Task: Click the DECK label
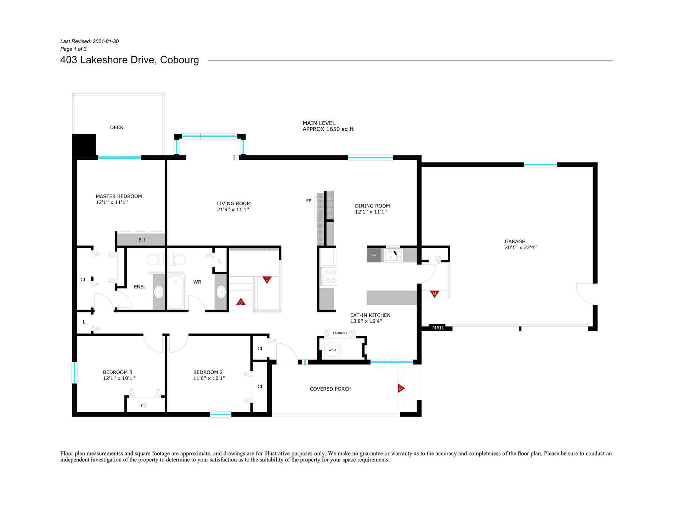click(x=117, y=128)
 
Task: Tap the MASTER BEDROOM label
click(x=119, y=196)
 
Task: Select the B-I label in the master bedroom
click(x=142, y=240)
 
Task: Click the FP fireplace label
click(x=309, y=201)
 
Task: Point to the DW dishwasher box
click(x=374, y=255)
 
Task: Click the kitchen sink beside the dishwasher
click(x=394, y=255)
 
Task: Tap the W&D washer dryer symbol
click(x=332, y=350)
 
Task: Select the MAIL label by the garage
click(x=438, y=328)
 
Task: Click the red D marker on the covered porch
click(x=401, y=388)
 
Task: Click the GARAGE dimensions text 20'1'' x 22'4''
click(x=520, y=248)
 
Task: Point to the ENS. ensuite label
click(x=140, y=287)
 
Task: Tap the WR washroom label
click(x=197, y=282)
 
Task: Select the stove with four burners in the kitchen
click(x=328, y=276)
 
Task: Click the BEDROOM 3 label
click(x=118, y=372)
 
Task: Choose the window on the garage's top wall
click(x=540, y=165)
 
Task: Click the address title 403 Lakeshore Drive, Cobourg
click(x=130, y=60)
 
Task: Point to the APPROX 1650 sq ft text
click(x=328, y=129)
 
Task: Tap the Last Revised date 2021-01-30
click(x=106, y=41)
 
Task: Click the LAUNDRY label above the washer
click(x=340, y=333)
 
